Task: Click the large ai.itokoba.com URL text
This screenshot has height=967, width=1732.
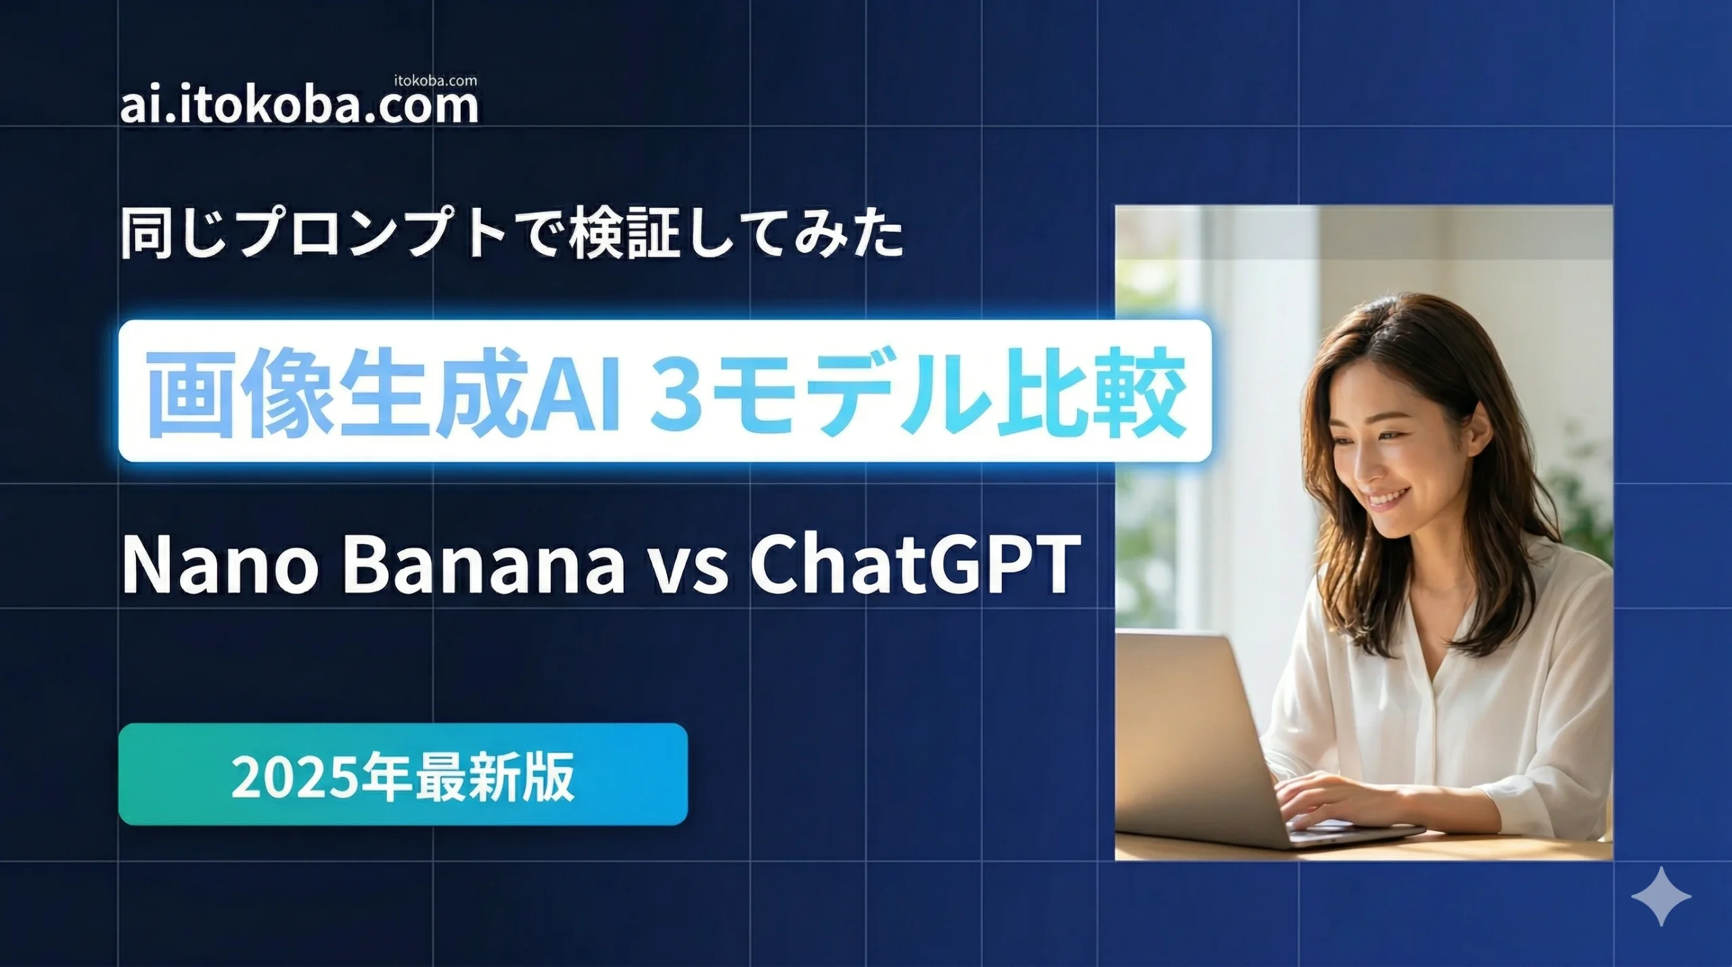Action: coord(299,107)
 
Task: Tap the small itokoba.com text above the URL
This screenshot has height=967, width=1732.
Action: coord(435,81)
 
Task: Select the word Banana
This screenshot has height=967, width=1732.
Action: coord(484,564)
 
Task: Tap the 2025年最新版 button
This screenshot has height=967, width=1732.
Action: coord(403,774)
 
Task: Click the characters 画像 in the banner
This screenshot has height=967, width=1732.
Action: coord(240,392)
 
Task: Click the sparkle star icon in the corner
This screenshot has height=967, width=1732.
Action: coord(1660,896)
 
